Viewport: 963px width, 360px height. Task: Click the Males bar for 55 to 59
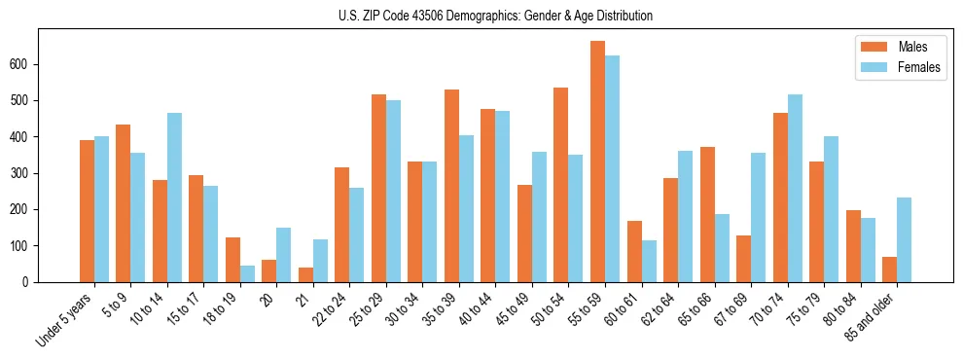tap(597, 162)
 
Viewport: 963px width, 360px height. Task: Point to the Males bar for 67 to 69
tap(743, 259)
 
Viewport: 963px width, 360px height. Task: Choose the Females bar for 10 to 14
tap(174, 198)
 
